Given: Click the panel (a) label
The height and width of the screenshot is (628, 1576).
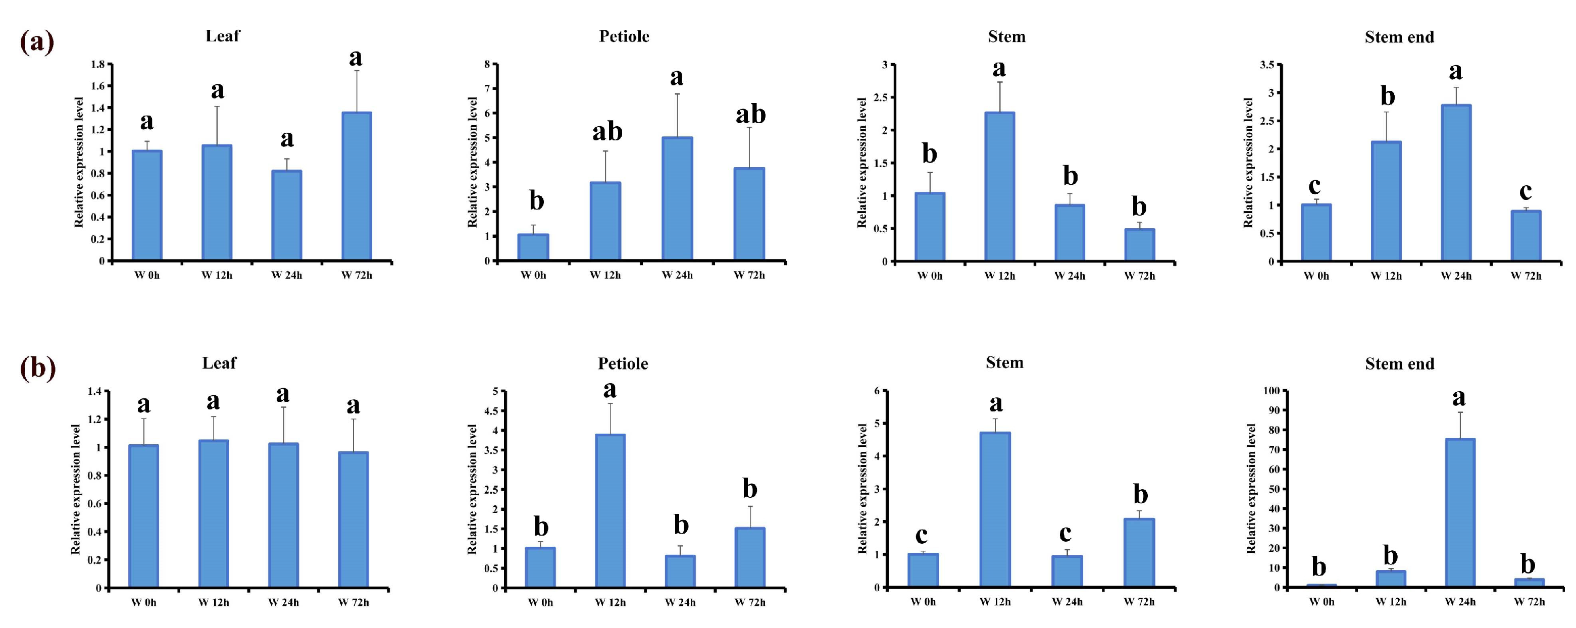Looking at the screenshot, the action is pyautogui.click(x=37, y=42).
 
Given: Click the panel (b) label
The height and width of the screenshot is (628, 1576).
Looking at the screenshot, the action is pyautogui.click(x=38, y=369).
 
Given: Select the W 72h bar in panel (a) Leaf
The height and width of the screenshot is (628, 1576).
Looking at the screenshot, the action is pyautogui.click(x=357, y=186).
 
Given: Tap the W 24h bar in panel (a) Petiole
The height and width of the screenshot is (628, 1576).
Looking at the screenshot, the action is pyautogui.click(x=677, y=199).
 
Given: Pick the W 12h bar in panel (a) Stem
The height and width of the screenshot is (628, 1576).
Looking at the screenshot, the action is pyautogui.click(x=1000, y=186).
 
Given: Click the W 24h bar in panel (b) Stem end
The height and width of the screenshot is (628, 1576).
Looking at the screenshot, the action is pyautogui.click(x=1460, y=513).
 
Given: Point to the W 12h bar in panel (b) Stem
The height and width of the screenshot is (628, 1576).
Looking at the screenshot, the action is pyautogui.click(x=995, y=510).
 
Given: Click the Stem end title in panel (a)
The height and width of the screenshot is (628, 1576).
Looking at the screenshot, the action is pyautogui.click(x=1399, y=37).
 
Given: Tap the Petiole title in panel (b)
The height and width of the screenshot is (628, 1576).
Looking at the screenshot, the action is pyautogui.click(x=623, y=364).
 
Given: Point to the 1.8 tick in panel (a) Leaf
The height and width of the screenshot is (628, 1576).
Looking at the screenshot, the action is pyautogui.click(x=97, y=64).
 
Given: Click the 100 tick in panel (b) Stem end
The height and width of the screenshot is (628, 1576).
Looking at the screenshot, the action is pyautogui.click(x=1272, y=391).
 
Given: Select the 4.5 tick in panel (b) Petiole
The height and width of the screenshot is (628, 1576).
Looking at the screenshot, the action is pyautogui.click(x=491, y=411).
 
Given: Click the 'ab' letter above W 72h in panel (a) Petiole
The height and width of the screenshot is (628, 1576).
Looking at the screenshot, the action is pyautogui.click(x=751, y=115).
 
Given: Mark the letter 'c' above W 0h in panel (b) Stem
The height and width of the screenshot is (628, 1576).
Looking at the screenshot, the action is pyautogui.click(x=922, y=536).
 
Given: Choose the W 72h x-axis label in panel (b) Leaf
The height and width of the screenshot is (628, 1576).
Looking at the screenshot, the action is pyautogui.click(x=353, y=603).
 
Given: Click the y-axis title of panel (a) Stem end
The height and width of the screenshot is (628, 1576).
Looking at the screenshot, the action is pyautogui.click(x=1249, y=163).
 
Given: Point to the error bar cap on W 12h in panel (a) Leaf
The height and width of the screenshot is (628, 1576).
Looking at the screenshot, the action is pyautogui.click(x=217, y=107).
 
